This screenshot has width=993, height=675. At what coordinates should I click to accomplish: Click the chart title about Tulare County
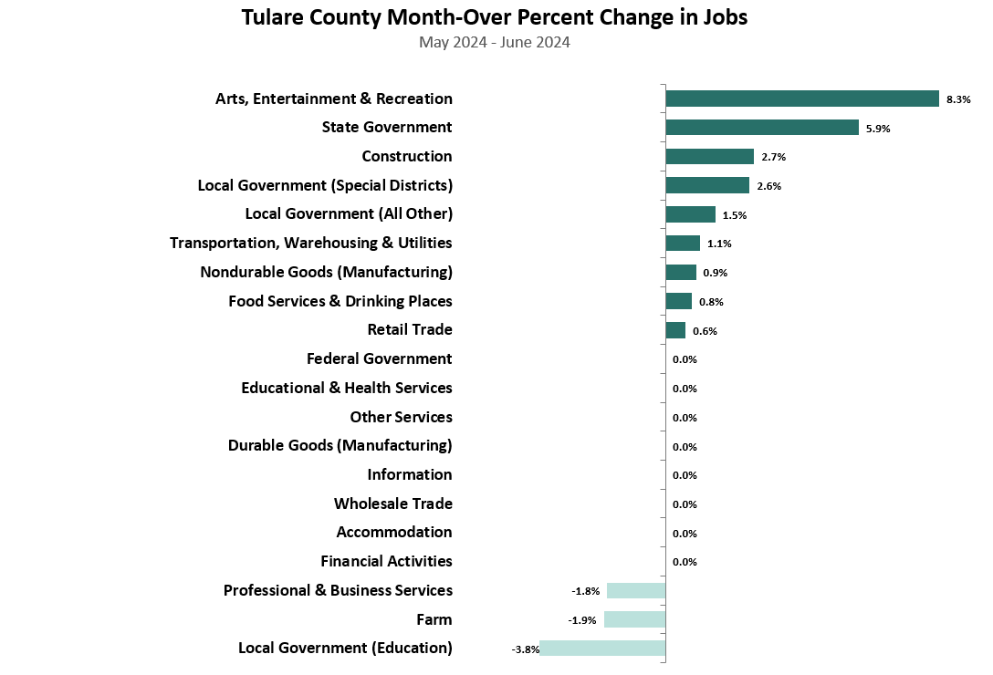point(494,18)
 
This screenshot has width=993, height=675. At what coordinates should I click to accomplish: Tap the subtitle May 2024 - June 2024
point(494,43)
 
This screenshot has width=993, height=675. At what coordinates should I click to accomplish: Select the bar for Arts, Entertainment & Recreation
point(802,99)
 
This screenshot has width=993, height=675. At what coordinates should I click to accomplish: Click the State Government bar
point(762,128)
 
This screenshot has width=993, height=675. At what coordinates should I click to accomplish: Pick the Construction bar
point(709,157)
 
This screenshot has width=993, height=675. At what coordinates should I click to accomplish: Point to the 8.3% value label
point(958,99)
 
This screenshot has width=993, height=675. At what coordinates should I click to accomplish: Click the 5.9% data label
point(878,129)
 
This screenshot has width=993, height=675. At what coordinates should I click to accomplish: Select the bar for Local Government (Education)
point(602,649)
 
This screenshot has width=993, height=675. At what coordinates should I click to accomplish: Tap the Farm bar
point(634,619)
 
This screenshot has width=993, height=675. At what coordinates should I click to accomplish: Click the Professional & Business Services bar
point(636,590)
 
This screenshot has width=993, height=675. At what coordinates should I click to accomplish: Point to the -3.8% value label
point(526,649)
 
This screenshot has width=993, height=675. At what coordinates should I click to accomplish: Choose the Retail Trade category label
point(410,329)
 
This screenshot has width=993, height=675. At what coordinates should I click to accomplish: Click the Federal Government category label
point(379,358)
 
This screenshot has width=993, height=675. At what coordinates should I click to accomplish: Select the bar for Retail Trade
point(675,330)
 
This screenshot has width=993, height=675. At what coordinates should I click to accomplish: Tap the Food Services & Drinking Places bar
point(678,301)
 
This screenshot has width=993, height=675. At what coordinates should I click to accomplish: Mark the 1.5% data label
point(735,215)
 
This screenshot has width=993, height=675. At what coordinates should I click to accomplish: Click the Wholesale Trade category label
point(392,504)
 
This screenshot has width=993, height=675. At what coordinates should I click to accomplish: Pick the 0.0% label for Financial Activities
point(685,562)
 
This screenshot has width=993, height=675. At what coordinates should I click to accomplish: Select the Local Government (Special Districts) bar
point(707,185)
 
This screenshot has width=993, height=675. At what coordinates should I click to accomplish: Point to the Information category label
point(409,474)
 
